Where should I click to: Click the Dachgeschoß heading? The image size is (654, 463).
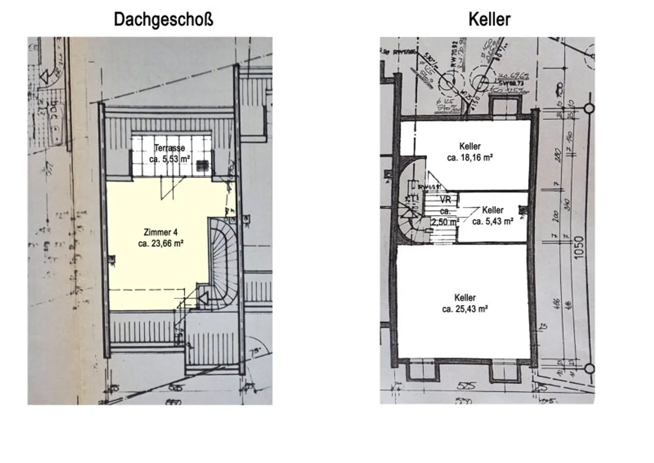point(163,20)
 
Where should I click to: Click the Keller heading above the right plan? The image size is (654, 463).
point(489,20)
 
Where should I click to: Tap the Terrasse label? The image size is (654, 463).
point(169,148)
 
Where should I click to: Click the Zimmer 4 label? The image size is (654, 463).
point(161,233)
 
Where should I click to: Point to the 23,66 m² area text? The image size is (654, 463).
point(161,244)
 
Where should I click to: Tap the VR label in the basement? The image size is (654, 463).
point(445,199)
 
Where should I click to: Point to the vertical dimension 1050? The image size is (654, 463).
point(579,247)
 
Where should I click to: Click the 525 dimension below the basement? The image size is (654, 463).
point(466,386)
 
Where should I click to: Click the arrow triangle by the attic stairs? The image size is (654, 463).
point(203,299)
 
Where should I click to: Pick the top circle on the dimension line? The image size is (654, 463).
point(589,109)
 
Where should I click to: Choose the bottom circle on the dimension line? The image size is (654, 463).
point(589,368)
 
